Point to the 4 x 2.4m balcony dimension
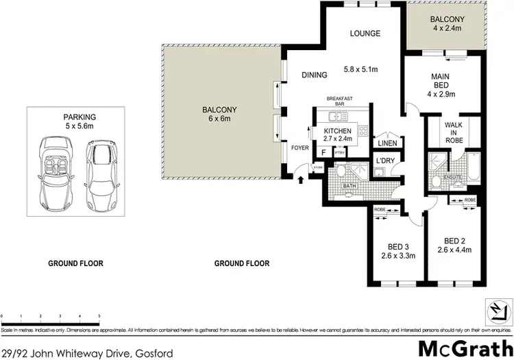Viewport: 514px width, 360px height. (448, 29)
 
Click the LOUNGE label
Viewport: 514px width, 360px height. (365, 33)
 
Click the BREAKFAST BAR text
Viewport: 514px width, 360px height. (339, 101)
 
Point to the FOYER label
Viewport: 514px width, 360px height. (300, 148)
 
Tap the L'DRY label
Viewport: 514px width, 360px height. (383, 161)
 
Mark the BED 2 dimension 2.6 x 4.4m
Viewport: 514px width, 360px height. (454, 250)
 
